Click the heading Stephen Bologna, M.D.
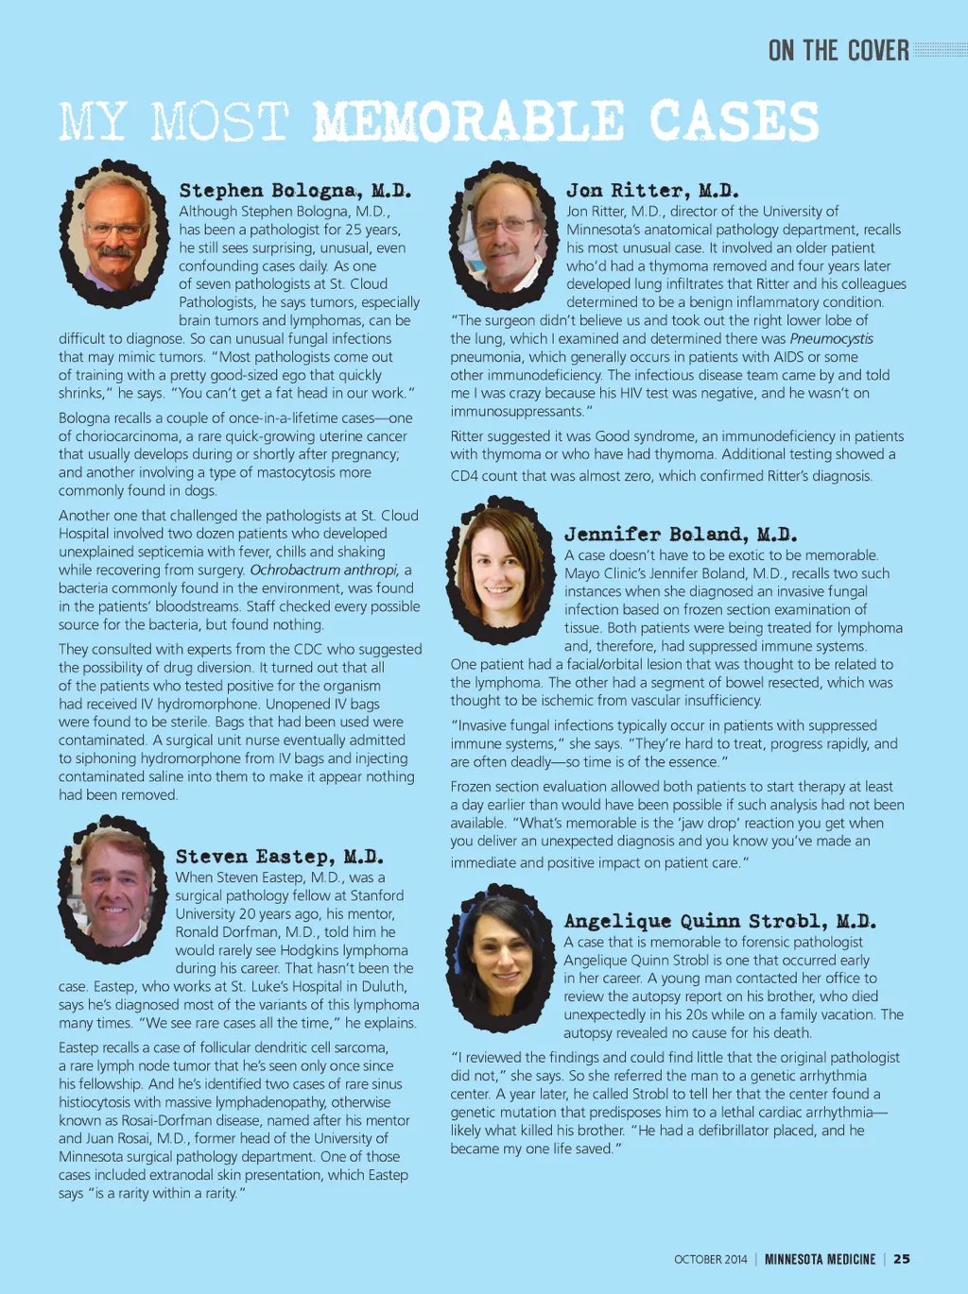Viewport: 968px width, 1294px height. (295, 191)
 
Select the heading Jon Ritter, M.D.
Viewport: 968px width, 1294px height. (652, 191)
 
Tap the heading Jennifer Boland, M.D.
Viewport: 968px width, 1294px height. (681, 535)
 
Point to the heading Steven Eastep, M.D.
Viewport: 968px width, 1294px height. (280, 857)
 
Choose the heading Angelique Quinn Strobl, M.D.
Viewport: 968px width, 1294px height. (719, 921)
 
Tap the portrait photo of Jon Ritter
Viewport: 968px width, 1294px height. (502, 234)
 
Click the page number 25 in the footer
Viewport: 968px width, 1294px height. (902, 1259)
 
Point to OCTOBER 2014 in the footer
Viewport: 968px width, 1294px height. (710, 1259)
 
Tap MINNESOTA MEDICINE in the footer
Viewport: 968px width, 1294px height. (820, 1259)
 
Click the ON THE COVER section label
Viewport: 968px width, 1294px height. (838, 51)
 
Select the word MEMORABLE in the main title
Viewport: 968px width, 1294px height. (469, 123)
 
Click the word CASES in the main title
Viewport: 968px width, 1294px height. (734, 123)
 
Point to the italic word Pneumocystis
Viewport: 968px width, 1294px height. (831, 339)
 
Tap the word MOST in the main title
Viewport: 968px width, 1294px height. (219, 123)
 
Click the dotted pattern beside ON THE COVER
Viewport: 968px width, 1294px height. (941, 50)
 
